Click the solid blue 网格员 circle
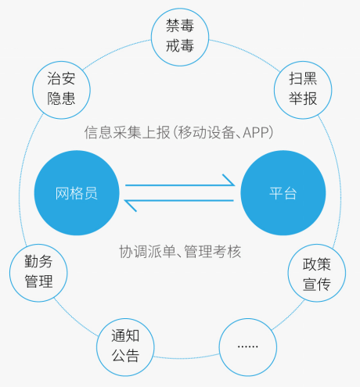click(77, 193)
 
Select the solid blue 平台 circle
click(283, 193)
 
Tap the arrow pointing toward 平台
click(180, 185)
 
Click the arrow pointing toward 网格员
click(178, 201)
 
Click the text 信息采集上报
click(127, 132)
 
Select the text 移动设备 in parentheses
click(206, 132)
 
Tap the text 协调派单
click(148, 252)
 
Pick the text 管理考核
click(213, 252)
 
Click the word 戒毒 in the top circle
click(180, 46)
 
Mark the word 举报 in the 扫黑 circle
click(303, 99)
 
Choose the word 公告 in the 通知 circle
click(125, 356)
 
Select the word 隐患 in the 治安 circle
click(61, 99)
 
